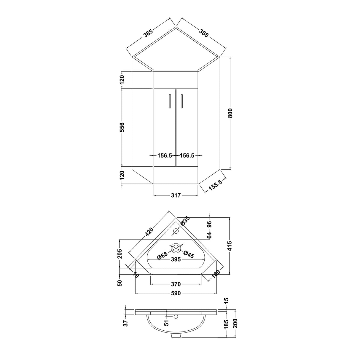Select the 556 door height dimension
point(122,127)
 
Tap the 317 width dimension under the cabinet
point(176,195)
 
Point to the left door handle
point(170,101)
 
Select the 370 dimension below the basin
point(176,284)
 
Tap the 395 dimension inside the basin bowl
point(176,259)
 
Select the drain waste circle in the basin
point(176,248)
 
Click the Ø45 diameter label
point(189,254)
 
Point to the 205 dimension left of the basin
point(120,254)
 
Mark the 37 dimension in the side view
point(126,323)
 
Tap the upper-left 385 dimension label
point(148,33)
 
